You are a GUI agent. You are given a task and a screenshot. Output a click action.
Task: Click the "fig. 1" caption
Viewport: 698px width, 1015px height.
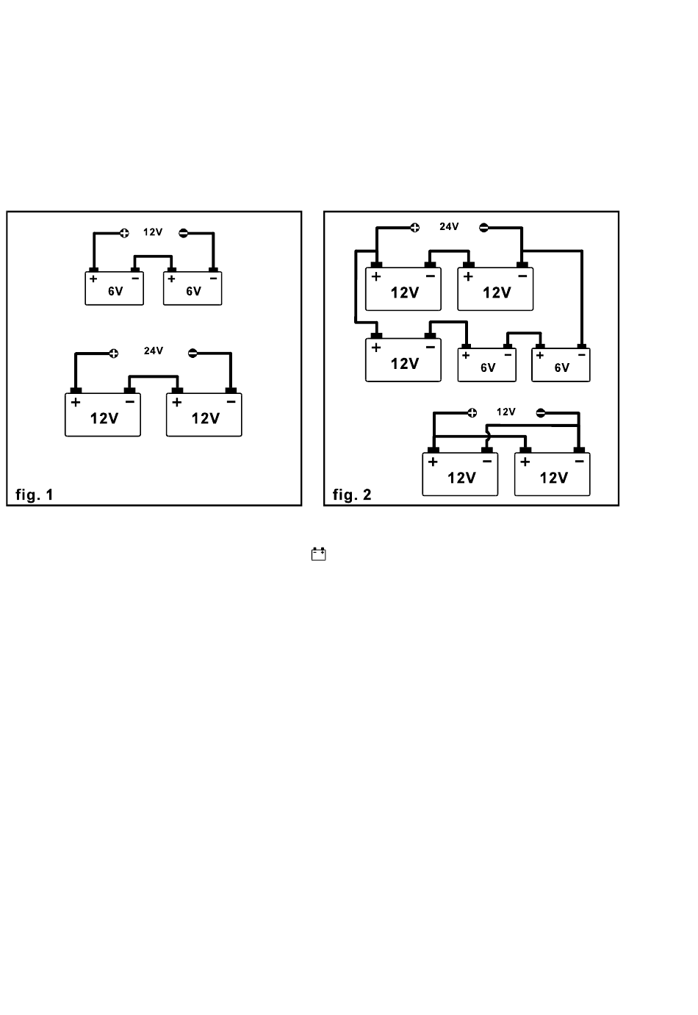tap(35, 495)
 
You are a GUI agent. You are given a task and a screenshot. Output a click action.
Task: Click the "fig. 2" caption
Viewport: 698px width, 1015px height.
tap(352, 495)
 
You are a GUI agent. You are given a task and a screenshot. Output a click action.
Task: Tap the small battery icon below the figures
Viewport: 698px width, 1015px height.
tap(318, 553)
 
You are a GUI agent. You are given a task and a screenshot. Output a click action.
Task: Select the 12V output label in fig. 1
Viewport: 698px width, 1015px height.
tap(153, 232)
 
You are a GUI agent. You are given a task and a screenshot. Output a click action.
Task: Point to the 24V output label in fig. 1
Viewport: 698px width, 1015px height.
tap(154, 351)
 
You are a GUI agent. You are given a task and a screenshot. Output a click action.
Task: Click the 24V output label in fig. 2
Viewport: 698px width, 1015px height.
tap(449, 226)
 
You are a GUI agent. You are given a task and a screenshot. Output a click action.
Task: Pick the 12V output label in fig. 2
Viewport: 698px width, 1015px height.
tap(506, 412)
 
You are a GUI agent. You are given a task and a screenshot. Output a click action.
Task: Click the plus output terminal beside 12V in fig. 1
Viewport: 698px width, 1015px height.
tap(124, 234)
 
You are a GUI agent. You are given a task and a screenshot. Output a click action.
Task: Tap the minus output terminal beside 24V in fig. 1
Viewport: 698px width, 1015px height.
tap(193, 353)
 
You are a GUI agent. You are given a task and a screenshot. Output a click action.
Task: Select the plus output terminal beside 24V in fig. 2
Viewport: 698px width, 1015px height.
tap(414, 227)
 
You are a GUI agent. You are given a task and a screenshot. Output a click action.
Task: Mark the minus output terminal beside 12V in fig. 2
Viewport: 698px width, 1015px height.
tap(540, 413)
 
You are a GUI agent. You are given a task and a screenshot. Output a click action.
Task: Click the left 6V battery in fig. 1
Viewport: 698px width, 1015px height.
tap(114, 288)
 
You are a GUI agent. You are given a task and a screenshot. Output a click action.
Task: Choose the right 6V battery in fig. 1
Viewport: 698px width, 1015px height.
tap(193, 288)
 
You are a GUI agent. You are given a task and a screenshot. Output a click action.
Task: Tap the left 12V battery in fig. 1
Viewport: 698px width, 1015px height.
tap(103, 415)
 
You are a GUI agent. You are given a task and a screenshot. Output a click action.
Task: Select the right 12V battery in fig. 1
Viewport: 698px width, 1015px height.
tap(204, 415)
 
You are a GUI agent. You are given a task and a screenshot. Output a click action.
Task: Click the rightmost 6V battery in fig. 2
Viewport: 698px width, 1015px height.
tap(561, 365)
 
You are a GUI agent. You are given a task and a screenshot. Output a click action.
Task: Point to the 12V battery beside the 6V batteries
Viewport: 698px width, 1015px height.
tap(403, 360)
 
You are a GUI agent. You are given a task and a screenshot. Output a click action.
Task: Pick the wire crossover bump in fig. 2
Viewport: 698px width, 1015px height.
tap(488, 437)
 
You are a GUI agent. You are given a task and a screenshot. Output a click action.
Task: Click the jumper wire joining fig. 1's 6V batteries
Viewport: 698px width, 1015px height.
tap(153, 257)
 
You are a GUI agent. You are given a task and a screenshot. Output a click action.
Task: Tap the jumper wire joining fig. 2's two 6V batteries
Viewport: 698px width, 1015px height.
tap(524, 333)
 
